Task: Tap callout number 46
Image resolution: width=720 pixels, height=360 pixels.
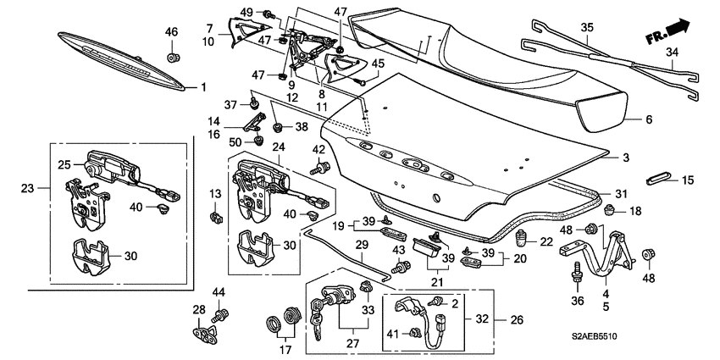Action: click(171, 32)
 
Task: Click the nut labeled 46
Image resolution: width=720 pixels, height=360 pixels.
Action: click(173, 58)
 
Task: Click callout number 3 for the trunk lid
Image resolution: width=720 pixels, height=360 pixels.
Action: click(626, 158)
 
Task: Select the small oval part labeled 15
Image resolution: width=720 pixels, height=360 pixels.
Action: click(657, 179)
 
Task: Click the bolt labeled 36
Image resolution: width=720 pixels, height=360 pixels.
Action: click(575, 274)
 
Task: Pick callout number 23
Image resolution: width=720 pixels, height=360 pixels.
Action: click(28, 188)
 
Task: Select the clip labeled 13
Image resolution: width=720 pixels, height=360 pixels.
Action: click(215, 217)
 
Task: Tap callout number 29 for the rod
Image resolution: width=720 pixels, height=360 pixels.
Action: click(363, 245)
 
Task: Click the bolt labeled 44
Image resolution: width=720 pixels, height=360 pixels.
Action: click(219, 315)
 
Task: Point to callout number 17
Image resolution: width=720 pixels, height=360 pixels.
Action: click(285, 350)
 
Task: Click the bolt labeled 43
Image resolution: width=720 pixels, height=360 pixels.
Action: click(400, 267)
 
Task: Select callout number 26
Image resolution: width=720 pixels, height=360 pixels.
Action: click(517, 319)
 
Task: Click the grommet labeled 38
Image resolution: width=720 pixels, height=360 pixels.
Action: click(277, 126)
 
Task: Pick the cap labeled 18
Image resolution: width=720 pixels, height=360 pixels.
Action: click(610, 211)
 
